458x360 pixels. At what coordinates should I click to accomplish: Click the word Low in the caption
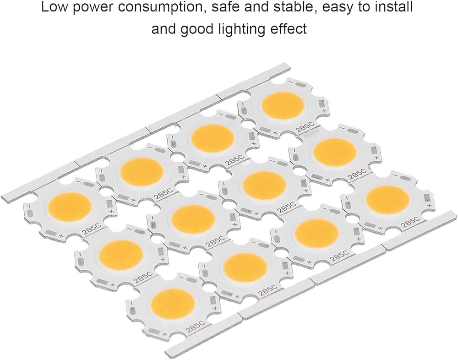pyautogui.click(x=52, y=8)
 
